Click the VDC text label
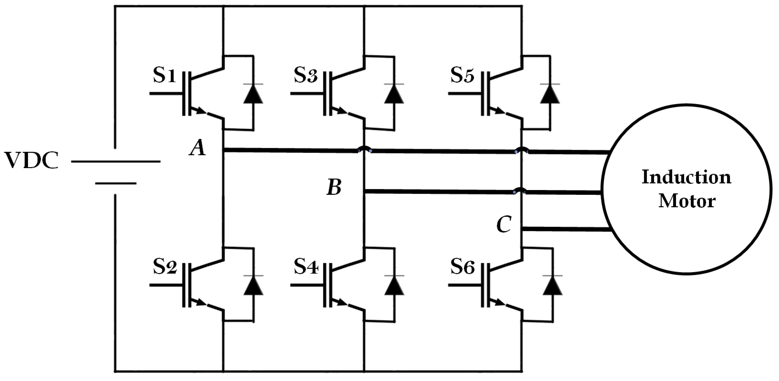pyautogui.click(x=31, y=161)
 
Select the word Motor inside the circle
pyautogui.click(x=687, y=201)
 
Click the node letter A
pyautogui.click(x=197, y=149)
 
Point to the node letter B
pyautogui.click(x=334, y=187)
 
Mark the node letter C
pyautogui.click(x=504, y=225)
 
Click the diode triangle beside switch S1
pyautogui.click(x=253, y=95)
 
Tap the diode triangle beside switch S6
pyautogui.click(x=552, y=286)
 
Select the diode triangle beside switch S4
pyautogui.click(x=394, y=286)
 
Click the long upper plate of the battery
pyautogui.click(x=116, y=162)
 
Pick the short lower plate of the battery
pyautogui.click(x=116, y=183)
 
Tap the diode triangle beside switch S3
pyautogui.click(x=394, y=95)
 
